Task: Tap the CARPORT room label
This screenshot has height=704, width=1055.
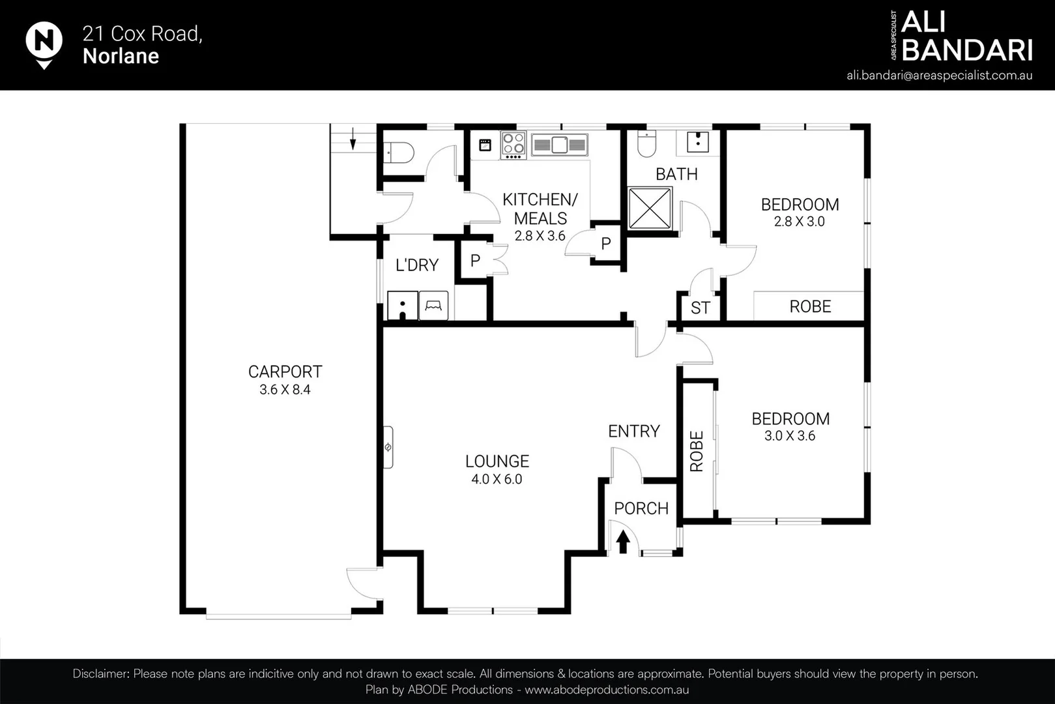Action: [285, 372]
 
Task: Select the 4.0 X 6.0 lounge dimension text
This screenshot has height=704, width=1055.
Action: [497, 479]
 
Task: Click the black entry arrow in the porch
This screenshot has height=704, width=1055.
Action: [622, 542]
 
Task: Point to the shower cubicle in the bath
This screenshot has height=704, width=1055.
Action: [649, 209]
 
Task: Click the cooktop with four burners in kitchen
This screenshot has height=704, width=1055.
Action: [513, 145]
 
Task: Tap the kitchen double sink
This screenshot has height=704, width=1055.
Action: [559, 145]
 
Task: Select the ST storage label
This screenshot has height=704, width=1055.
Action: [700, 308]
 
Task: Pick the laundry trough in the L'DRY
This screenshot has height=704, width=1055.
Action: [402, 306]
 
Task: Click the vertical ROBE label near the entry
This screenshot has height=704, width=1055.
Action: [697, 451]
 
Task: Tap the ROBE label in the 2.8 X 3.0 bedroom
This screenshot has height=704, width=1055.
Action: [810, 306]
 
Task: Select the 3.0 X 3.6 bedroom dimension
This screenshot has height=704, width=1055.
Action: [789, 435]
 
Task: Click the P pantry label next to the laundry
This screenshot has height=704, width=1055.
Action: [475, 261]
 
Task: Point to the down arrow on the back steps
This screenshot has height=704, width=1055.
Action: [353, 138]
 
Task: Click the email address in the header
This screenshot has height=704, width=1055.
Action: [939, 75]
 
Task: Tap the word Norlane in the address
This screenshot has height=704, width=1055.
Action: [121, 56]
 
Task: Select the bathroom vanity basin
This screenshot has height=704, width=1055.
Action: [697, 141]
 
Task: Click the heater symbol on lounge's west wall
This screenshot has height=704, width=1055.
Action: [388, 447]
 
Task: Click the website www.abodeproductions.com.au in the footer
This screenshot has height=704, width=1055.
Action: [606, 690]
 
